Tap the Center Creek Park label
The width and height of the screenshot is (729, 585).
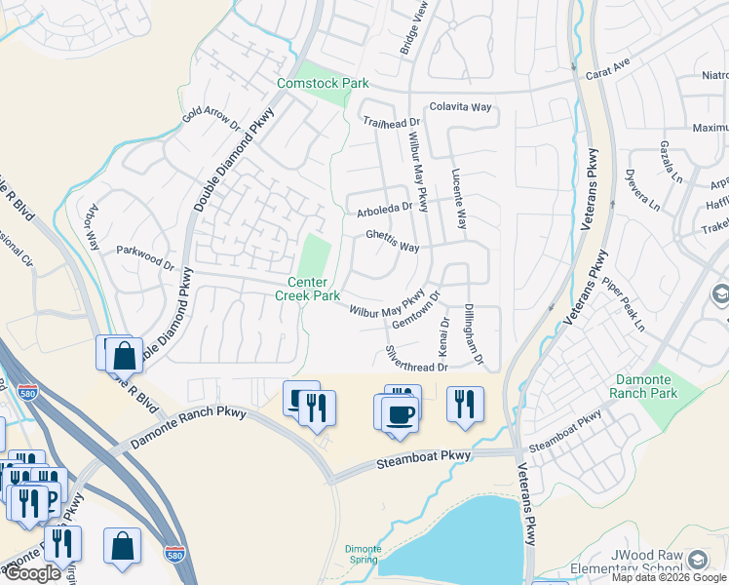point(307,289)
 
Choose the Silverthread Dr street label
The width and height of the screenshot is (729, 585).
point(416,359)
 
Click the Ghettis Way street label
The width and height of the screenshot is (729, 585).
point(392,241)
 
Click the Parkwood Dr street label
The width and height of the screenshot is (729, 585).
point(144,257)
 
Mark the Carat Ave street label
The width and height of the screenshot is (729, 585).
point(608,74)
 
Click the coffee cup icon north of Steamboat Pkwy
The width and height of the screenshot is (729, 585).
point(399,413)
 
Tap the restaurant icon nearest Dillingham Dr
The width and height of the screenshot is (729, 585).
point(465,403)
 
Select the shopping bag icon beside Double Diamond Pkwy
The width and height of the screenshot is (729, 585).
point(124,356)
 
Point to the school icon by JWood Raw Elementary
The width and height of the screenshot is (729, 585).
point(698,560)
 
